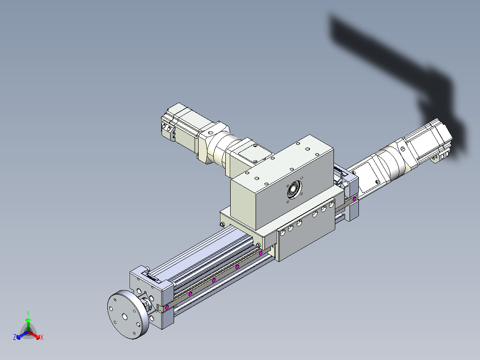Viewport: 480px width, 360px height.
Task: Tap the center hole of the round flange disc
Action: [x=125, y=316]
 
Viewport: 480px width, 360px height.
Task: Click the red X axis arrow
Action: [x=34, y=335]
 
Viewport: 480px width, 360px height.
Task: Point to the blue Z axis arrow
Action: [x=22, y=335]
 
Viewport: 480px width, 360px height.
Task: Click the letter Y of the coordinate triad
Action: [x=28, y=314]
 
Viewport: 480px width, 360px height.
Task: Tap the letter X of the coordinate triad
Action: [x=42, y=337]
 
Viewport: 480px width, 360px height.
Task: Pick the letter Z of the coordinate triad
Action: [x=15, y=337]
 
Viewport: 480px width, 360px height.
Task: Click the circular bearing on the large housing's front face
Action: [x=294, y=190]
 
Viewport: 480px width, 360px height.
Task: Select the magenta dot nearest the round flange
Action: [x=167, y=307]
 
